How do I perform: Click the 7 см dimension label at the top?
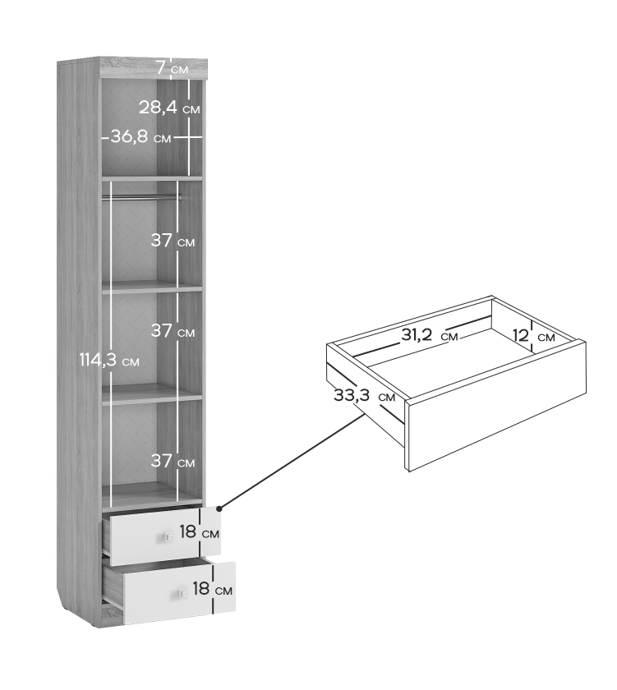(173, 69)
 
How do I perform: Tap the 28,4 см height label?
(169, 108)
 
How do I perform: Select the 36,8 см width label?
(140, 137)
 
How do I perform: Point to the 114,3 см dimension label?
(109, 361)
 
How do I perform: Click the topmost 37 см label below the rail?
(173, 241)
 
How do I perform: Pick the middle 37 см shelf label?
(173, 330)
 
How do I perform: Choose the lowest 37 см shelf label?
(173, 461)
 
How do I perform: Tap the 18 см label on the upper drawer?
(200, 532)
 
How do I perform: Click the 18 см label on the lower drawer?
(212, 589)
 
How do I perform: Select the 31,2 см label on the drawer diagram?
(430, 335)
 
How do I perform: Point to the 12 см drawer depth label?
(533, 336)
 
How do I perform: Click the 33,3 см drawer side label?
(365, 396)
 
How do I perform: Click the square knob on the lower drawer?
(182, 594)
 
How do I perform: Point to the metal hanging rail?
(141, 198)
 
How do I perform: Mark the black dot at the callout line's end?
(219, 509)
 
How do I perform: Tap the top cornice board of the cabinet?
(154, 67)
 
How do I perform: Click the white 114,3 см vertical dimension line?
(113, 345)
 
